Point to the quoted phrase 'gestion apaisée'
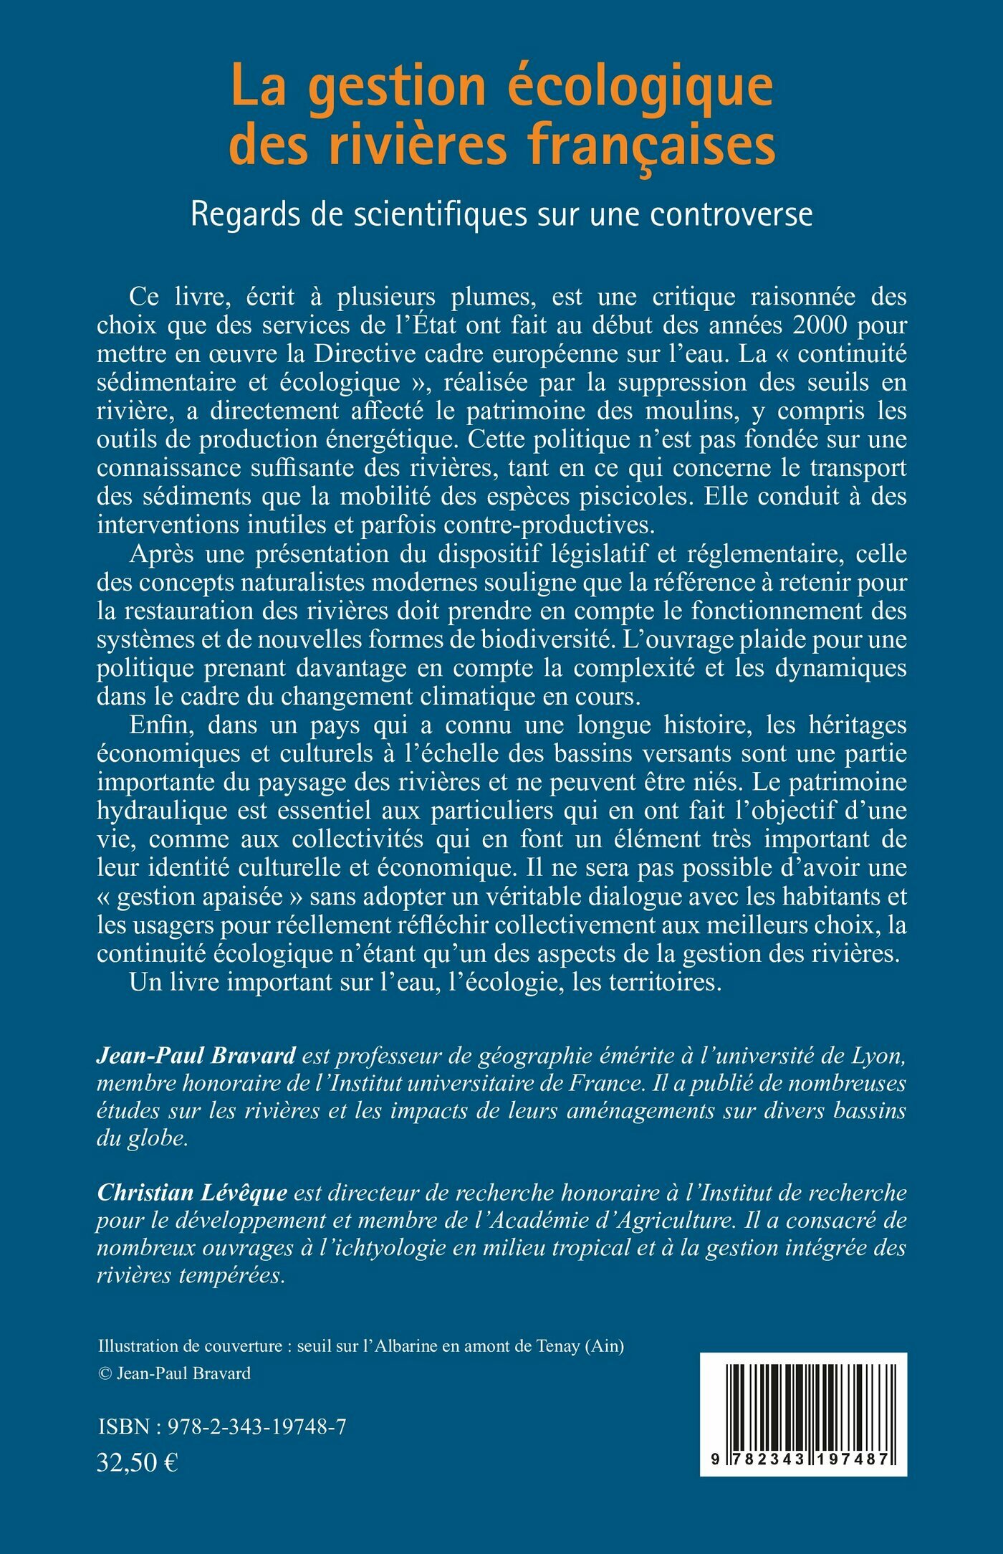193,896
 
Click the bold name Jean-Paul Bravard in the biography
196,1056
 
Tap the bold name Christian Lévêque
192,1193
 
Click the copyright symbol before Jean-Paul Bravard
105,1374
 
